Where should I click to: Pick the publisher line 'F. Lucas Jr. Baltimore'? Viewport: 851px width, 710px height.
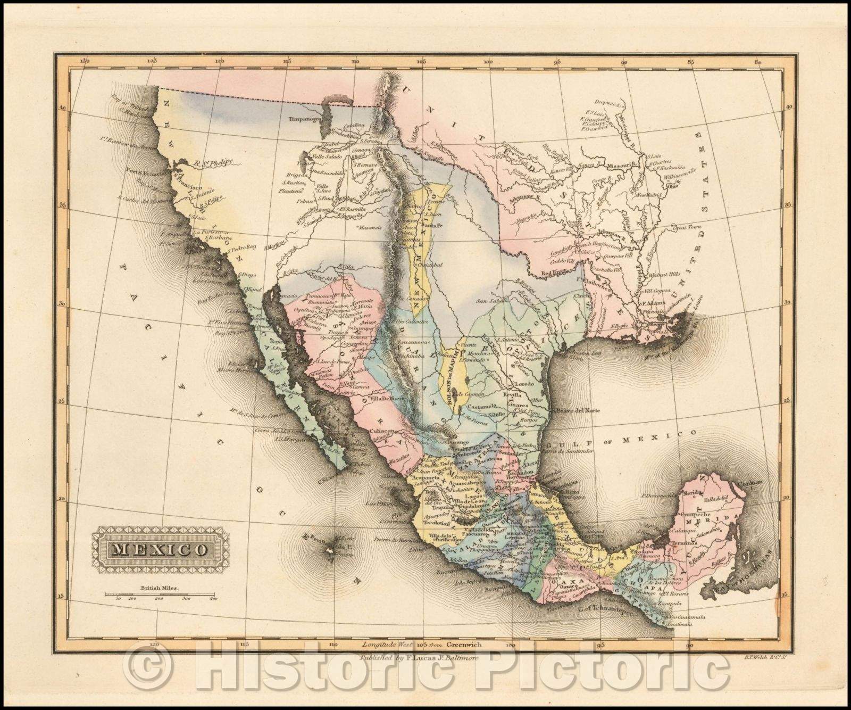point(420,658)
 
